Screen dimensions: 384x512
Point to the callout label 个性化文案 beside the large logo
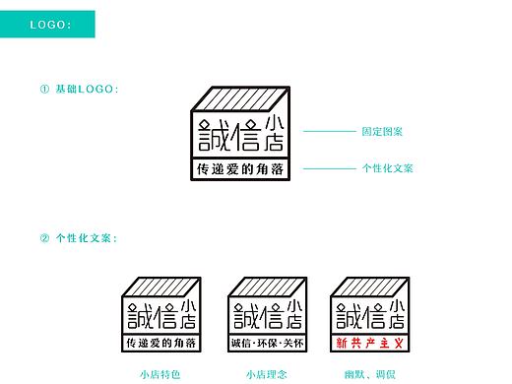click(x=387, y=168)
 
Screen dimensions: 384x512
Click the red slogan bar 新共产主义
click(x=370, y=344)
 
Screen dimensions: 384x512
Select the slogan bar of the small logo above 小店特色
click(x=161, y=344)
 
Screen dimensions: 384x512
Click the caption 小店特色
click(x=160, y=374)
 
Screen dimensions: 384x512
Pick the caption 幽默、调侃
click(x=370, y=374)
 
